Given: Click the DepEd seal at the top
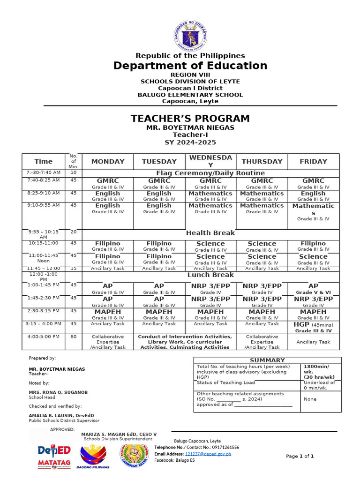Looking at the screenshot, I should [x=190, y=34].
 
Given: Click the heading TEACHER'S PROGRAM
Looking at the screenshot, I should [x=190, y=119].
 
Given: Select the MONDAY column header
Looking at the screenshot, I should [x=108, y=161].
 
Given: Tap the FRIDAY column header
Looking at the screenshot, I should [x=313, y=161].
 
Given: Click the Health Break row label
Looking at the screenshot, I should [x=210, y=232].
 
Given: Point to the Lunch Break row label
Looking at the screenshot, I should [x=210, y=275].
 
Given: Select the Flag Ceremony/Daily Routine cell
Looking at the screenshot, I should [x=210, y=173].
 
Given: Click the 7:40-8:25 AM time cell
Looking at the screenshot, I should [x=44, y=180].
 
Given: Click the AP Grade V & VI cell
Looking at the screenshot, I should [x=313, y=289].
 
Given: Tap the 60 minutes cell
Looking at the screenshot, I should [x=73, y=337].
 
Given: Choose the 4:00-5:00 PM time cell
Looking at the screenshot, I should [x=44, y=337].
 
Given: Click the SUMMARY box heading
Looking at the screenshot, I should [x=267, y=360].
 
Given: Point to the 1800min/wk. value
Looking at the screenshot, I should [x=317, y=369].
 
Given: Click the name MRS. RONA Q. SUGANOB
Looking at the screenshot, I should [x=58, y=392].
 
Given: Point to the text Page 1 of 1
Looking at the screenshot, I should [x=300, y=456].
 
